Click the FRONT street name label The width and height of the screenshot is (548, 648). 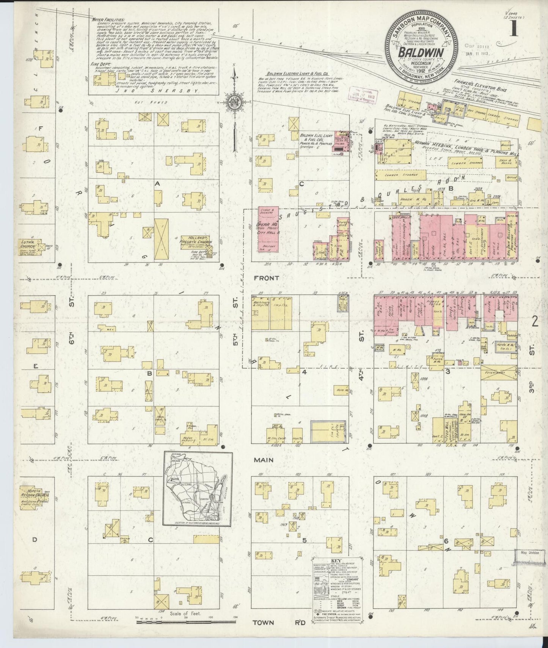tap(267, 278)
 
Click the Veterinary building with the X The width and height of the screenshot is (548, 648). tap(501, 373)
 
